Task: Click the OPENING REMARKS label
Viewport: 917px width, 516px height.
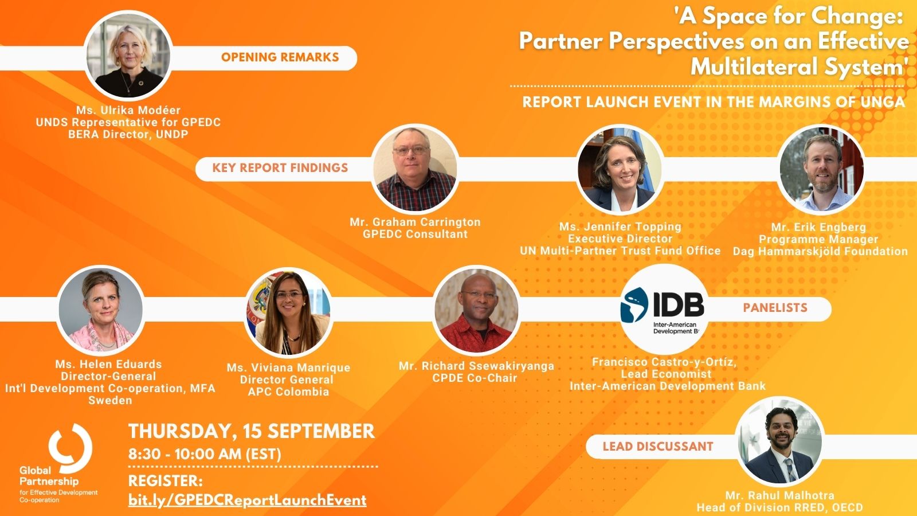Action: [280, 57]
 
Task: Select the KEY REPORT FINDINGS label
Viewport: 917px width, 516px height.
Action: [280, 168]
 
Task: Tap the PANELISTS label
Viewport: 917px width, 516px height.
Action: [775, 308]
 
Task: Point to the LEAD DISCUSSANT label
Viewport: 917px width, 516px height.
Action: [658, 447]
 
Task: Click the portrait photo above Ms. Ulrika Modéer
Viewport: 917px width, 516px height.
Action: [128, 56]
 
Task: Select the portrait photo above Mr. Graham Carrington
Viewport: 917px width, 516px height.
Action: [415, 169]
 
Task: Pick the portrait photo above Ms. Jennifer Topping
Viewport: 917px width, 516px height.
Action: [620, 169]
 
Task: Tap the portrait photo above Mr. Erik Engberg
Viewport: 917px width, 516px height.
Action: [821, 169]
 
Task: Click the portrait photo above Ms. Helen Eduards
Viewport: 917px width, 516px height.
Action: [101, 310]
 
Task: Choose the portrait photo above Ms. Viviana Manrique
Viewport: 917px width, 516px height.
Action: [289, 312]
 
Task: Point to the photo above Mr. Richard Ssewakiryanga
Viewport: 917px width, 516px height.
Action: [476, 310]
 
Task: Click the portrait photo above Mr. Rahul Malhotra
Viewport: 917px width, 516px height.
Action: [780, 441]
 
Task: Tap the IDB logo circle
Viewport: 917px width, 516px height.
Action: [664, 309]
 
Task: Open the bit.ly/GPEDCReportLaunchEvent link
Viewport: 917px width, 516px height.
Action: [247, 500]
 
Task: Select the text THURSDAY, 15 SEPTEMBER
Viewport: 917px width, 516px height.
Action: [252, 431]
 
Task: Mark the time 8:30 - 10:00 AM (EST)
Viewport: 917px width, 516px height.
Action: [205, 454]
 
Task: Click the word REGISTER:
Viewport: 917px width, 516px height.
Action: [166, 481]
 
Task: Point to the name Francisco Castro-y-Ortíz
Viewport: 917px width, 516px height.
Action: [664, 362]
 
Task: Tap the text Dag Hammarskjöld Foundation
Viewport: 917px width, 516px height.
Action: [820, 252]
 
